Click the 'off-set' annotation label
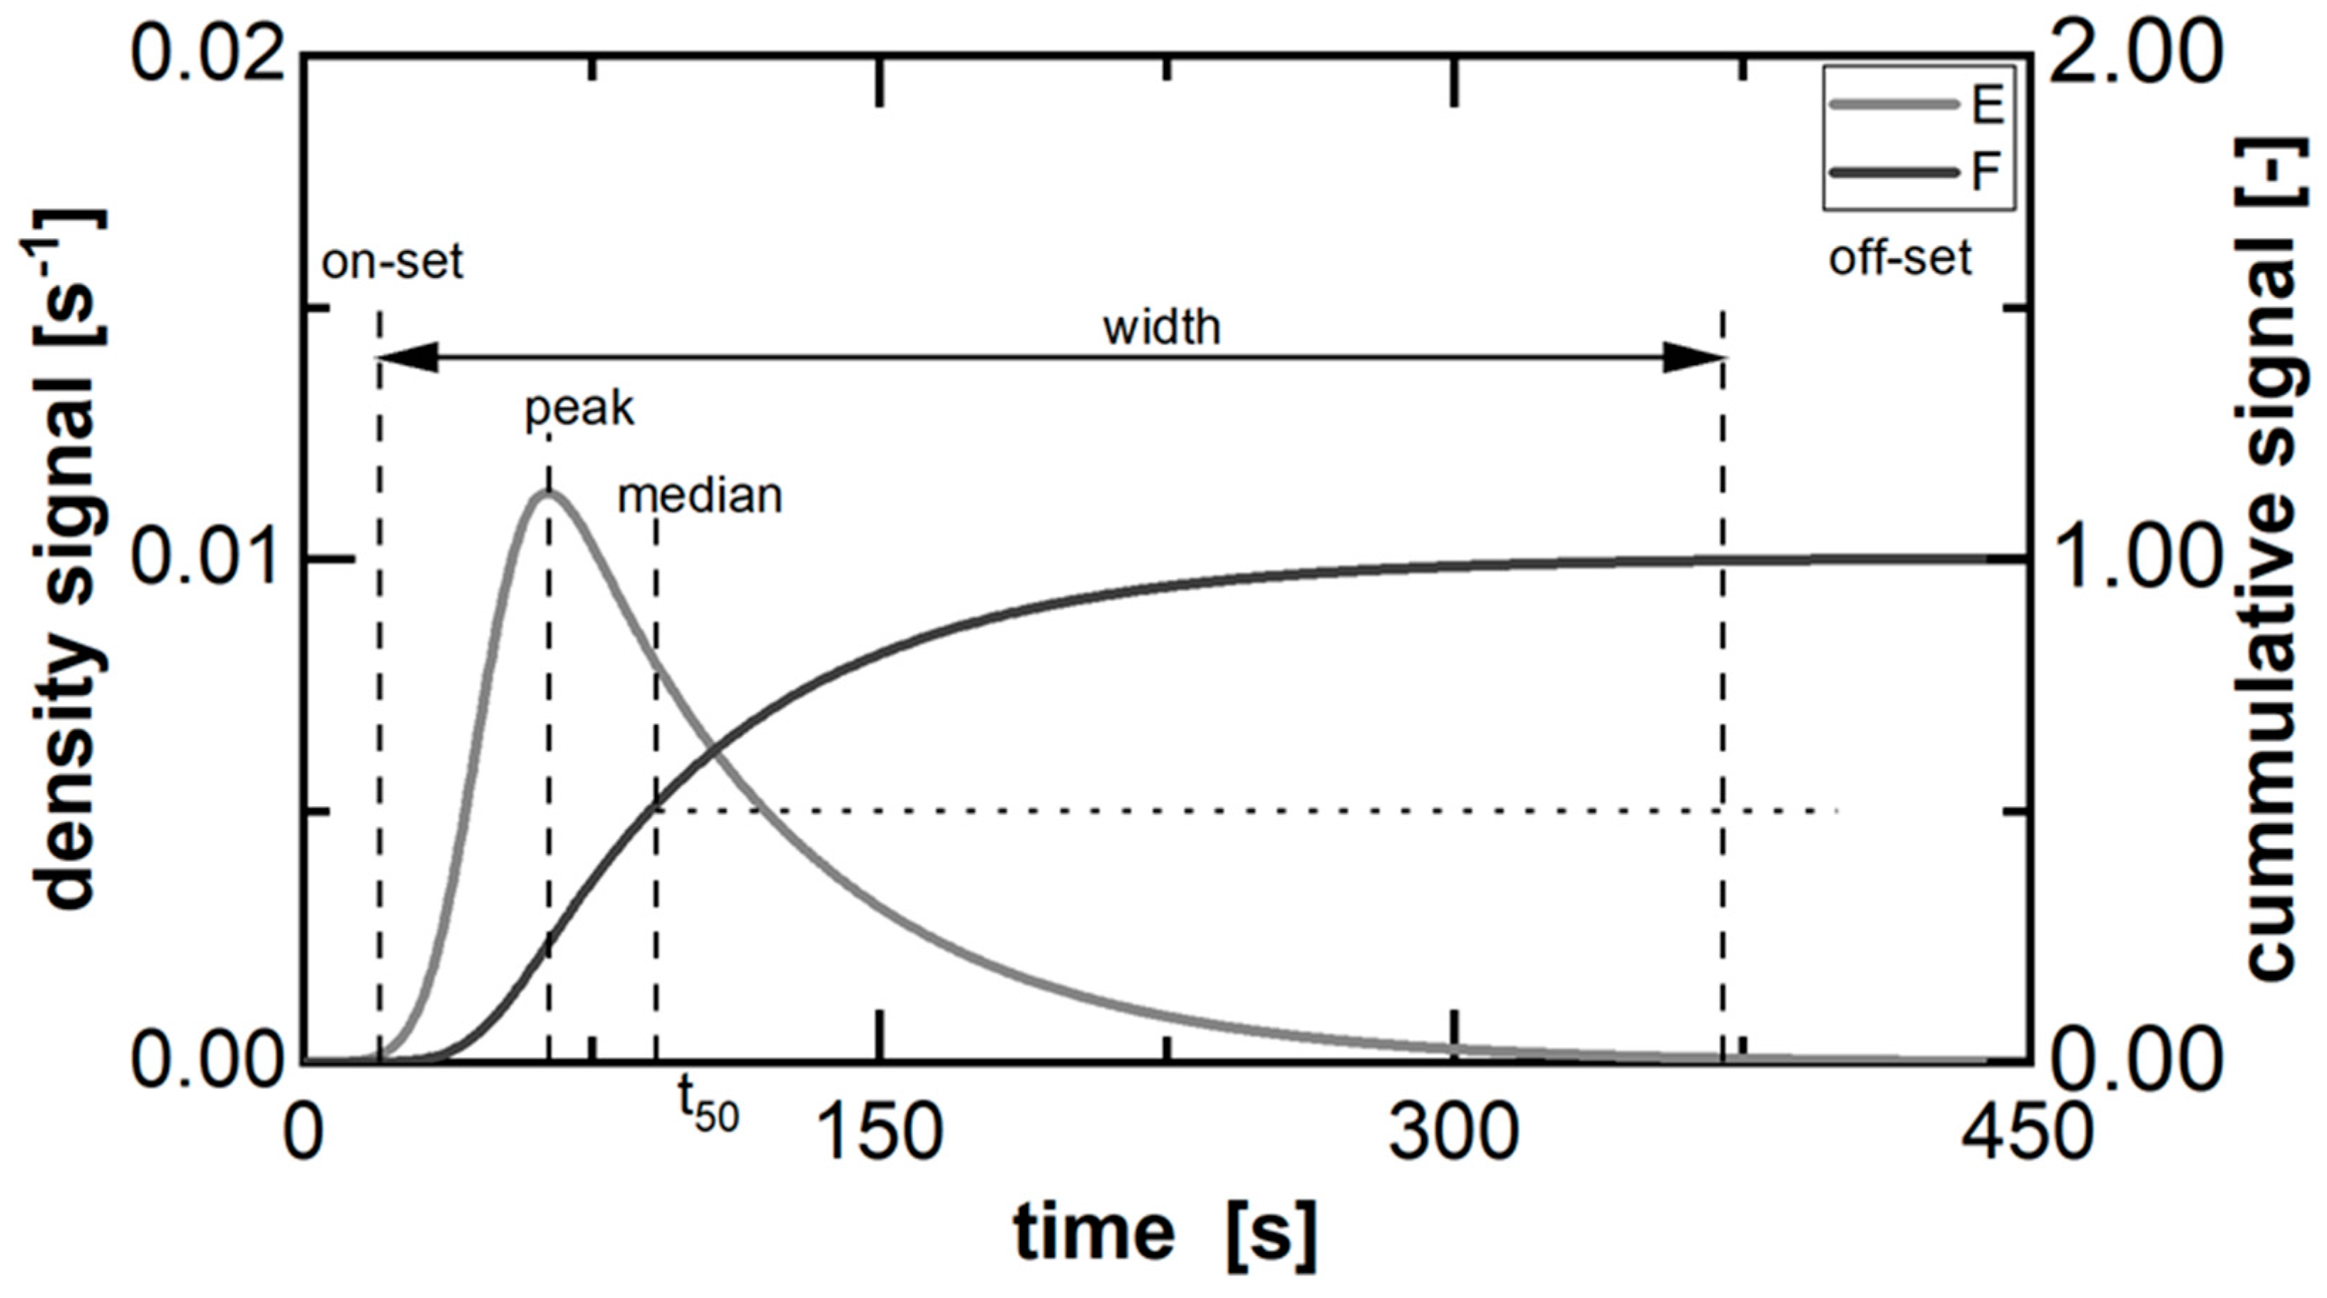[x=1899, y=259]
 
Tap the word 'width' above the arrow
[x=1161, y=327]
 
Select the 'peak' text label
[x=579, y=409]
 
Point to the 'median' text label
[x=699, y=497]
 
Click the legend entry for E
[x=1915, y=105]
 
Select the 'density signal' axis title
[x=68, y=560]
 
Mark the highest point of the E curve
[x=547, y=493]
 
